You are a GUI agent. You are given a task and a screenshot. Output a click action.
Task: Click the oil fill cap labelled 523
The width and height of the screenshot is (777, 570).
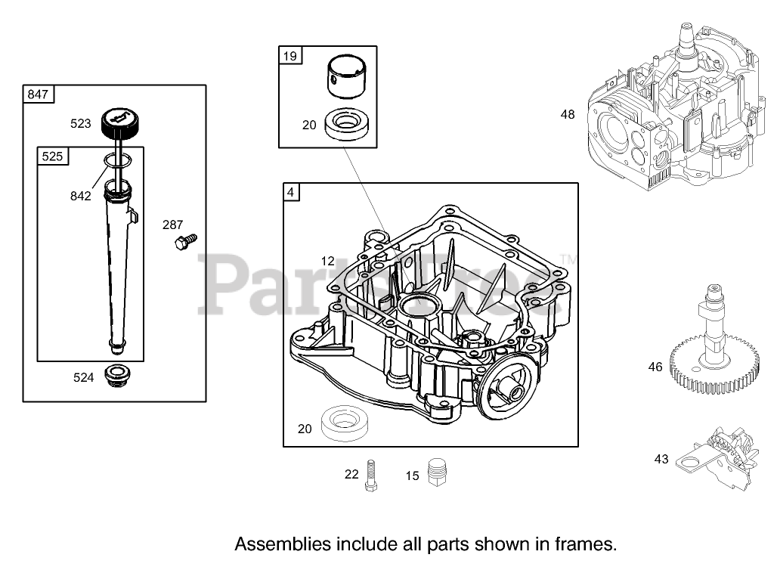click(x=119, y=121)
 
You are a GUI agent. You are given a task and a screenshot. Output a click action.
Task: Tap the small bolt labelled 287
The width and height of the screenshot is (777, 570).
click(x=184, y=242)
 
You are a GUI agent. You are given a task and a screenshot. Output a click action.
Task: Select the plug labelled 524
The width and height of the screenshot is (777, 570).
click(x=117, y=374)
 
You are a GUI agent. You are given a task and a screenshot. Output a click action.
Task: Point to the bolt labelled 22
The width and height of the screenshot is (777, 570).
click(x=370, y=476)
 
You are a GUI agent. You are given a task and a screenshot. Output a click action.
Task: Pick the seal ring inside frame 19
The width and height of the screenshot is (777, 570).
click(x=348, y=125)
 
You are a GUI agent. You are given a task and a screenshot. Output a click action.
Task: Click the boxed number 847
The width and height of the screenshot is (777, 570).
click(x=38, y=94)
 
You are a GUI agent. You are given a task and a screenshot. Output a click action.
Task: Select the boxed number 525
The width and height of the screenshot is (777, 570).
click(x=52, y=156)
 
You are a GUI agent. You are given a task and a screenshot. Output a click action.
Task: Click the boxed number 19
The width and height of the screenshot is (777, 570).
click(x=290, y=55)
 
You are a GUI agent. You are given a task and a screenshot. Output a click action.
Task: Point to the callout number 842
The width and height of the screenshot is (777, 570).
click(x=80, y=196)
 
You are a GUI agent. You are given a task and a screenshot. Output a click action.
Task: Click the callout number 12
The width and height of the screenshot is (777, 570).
click(x=327, y=261)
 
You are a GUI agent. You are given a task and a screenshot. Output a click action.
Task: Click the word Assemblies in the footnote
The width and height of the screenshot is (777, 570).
click(x=279, y=544)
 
